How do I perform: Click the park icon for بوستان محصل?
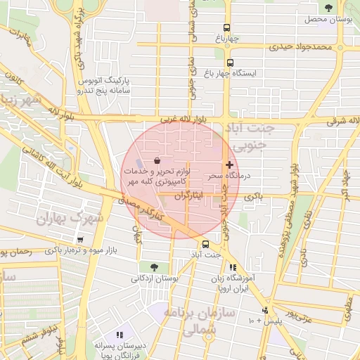328,8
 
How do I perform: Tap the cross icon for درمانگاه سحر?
229,164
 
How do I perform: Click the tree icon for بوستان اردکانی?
154,266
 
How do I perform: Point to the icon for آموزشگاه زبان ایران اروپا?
233,267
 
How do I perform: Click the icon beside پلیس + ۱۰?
265,310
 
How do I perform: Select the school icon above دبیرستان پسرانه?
120,335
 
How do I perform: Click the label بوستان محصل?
327,19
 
